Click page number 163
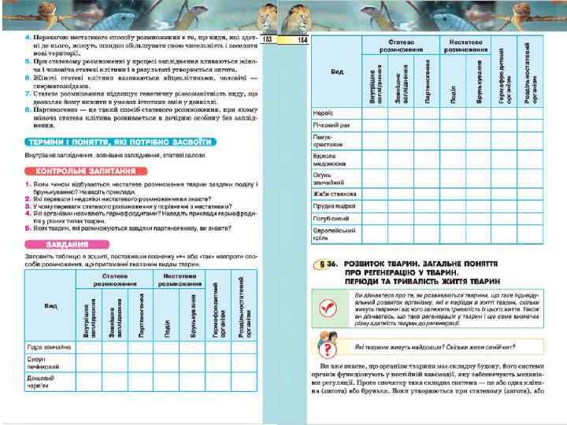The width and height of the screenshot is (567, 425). click(268, 39)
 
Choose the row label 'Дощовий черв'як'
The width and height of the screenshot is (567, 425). click(43, 381)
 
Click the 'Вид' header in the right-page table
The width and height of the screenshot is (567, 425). click(337, 72)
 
